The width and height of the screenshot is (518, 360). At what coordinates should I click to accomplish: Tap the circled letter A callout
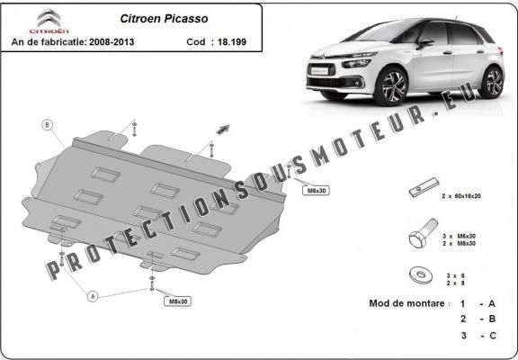tap(92, 295)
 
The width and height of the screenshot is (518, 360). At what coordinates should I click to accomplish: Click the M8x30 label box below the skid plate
tap(178, 301)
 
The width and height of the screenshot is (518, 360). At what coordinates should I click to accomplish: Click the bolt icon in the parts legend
tap(419, 238)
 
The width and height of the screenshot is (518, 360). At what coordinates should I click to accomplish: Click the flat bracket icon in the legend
tap(418, 193)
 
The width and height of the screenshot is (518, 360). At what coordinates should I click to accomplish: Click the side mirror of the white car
tap(424, 42)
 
